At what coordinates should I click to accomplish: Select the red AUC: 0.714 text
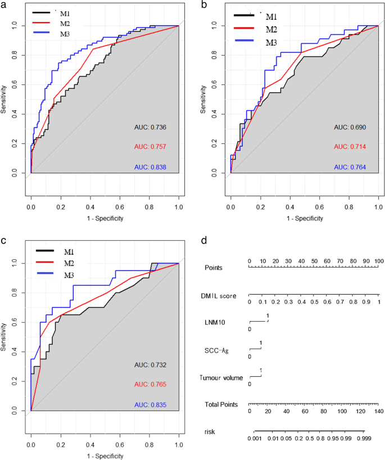point(350,147)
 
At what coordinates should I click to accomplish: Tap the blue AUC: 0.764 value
point(350,168)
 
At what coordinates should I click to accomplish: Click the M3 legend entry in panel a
point(74,33)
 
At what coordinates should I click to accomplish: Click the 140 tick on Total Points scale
point(379,412)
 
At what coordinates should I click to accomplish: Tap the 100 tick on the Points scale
point(379,261)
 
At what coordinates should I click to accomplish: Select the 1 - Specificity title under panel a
point(105,218)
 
